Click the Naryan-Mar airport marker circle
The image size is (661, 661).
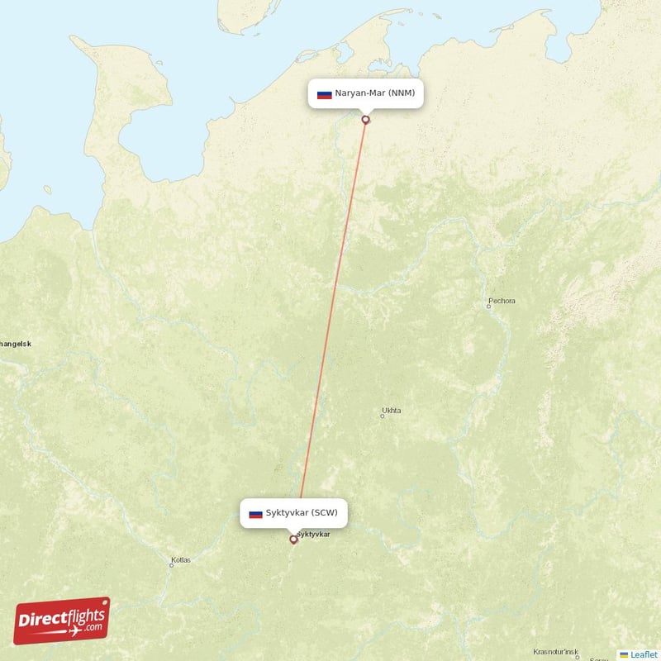[x=365, y=120]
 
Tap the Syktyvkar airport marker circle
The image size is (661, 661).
[x=293, y=540]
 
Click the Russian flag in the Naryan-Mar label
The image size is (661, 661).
[x=324, y=94]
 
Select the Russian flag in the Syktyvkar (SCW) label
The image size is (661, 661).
[x=255, y=514]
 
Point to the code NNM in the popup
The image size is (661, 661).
[x=402, y=93]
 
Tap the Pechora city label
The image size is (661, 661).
[x=502, y=301]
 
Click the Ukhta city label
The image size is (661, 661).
[x=392, y=410]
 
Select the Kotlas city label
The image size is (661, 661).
[x=180, y=559]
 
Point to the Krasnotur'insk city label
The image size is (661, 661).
[x=555, y=651]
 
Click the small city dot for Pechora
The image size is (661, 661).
[x=488, y=307]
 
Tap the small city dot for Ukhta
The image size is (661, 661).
[x=382, y=416]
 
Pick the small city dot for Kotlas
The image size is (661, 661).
[x=171, y=565]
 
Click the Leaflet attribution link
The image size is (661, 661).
[x=644, y=654]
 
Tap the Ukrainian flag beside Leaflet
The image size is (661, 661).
[x=624, y=654]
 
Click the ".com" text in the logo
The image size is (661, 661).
[x=92, y=627]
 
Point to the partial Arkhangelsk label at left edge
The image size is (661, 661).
[x=15, y=344]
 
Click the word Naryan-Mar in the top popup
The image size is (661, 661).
[x=359, y=93]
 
